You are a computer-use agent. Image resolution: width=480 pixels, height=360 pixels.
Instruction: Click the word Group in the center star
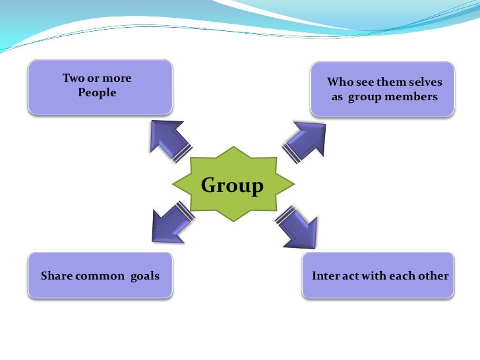231,186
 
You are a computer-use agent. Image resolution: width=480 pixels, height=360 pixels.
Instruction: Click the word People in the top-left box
97,93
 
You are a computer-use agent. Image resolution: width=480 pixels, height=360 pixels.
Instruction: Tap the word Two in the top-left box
72,78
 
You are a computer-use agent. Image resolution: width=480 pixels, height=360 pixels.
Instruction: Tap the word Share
56,276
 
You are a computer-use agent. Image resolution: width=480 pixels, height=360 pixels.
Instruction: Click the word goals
145,276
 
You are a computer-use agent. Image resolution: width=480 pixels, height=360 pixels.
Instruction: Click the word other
433,276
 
